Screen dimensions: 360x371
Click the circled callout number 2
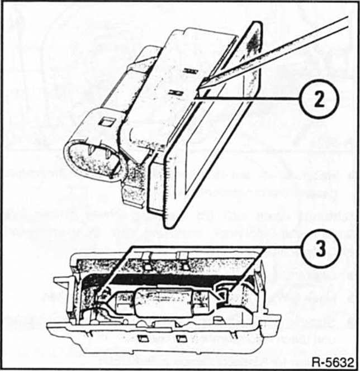pyautogui.click(x=319, y=99)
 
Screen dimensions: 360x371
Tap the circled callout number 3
pyautogui.click(x=320, y=249)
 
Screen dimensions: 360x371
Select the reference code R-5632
pyautogui.click(x=333, y=362)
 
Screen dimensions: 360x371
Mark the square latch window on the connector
pyautogui.click(x=106, y=122)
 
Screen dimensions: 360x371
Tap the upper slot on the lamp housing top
pyautogui.click(x=191, y=70)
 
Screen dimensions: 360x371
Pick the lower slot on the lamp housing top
pyautogui.click(x=176, y=93)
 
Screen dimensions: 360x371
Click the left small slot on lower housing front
pyautogui.click(x=143, y=339)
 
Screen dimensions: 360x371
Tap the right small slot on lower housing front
pyautogui.click(x=181, y=339)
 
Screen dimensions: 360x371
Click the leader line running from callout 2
pyautogui.click(x=247, y=99)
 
